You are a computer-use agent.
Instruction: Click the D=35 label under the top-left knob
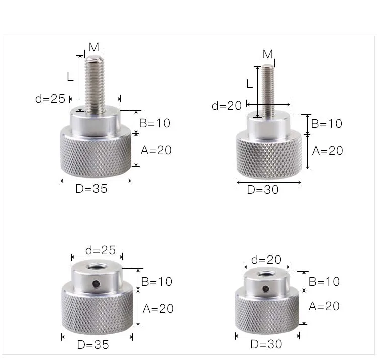[91, 189]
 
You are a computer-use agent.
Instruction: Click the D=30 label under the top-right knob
[263, 190]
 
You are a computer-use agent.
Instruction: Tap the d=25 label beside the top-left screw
[50, 99]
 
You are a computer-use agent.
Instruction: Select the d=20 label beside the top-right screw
[227, 106]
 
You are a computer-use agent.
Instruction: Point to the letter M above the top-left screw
[94, 47]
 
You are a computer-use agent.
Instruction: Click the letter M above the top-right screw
[268, 54]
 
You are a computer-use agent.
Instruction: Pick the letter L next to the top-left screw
[70, 77]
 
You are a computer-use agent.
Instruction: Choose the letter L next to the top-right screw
[250, 84]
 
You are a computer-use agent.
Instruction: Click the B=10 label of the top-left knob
[155, 123]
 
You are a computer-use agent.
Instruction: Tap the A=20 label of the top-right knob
[327, 151]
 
